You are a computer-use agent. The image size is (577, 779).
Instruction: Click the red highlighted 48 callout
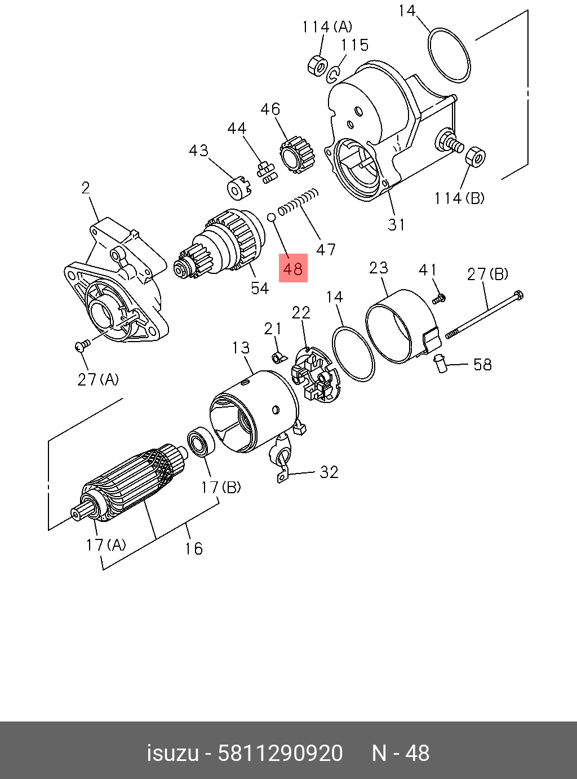(x=294, y=268)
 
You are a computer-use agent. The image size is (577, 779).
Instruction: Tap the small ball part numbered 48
(x=271, y=216)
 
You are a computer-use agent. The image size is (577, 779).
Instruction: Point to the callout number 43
(x=198, y=151)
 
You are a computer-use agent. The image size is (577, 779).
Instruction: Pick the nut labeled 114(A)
(x=317, y=65)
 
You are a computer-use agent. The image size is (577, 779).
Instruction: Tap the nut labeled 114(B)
(x=476, y=157)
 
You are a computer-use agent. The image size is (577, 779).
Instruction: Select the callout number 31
(x=397, y=225)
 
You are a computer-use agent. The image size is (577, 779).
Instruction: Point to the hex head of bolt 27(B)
(x=518, y=295)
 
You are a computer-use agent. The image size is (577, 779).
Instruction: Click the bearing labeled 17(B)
(x=199, y=443)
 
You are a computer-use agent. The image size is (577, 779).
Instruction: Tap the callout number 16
(x=193, y=548)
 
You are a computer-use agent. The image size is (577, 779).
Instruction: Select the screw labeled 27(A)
(x=82, y=345)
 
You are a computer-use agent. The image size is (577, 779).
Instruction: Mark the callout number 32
(x=329, y=472)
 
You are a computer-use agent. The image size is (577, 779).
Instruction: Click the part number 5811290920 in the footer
(x=280, y=753)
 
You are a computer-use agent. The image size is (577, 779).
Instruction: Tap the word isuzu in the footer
(x=172, y=753)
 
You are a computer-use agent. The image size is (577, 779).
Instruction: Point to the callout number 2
(x=86, y=188)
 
